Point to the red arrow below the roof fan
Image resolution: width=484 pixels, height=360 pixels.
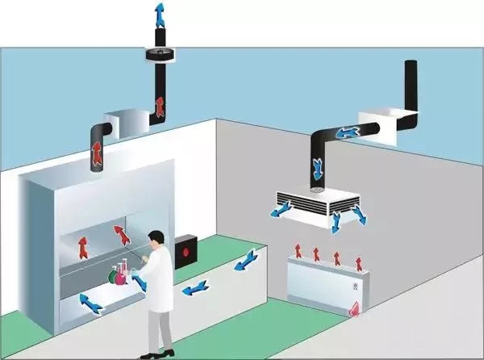point(160,106)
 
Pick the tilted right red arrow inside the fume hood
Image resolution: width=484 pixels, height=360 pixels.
point(121,235)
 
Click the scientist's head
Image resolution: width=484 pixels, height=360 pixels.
point(159,240)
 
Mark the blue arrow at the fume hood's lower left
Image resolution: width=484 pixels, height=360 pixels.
point(90,303)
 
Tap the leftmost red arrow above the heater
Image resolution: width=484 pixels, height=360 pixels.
point(298,250)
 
